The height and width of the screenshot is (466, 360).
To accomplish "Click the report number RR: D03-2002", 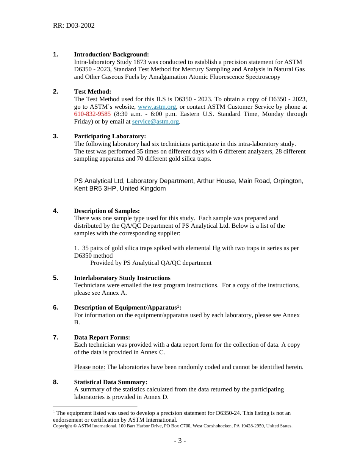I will point(74,26).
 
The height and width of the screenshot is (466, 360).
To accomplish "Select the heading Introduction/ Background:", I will point(111,55).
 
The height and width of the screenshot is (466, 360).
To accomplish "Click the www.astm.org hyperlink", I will point(157,107).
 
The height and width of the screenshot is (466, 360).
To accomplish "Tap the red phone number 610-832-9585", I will point(92,114).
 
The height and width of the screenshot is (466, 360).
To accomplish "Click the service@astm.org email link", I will point(155,122).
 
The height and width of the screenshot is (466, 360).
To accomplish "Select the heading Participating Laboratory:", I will point(110,136).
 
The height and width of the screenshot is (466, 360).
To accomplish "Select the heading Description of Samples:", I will point(107,211).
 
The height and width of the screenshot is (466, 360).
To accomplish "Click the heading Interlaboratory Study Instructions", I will point(122,278).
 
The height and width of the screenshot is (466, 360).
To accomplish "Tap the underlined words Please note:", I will point(89,367).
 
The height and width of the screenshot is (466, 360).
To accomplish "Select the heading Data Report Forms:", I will point(102,338).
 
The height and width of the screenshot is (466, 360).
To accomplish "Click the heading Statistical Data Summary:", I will point(111,382).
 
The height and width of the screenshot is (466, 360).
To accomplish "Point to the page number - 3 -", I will point(180,441).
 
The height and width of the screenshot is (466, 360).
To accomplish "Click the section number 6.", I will point(55,308).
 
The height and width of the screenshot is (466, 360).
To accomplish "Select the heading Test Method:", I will point(92,92).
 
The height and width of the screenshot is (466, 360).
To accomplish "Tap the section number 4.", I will point(55,211).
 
